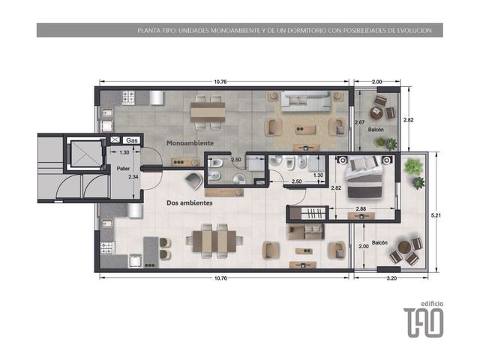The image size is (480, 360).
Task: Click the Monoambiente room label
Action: [x=190, y=143]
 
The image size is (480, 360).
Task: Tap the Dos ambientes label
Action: [x=190, y=203]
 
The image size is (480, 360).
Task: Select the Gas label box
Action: [x=132, y=140]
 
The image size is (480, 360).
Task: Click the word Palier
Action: [x=123, y=168]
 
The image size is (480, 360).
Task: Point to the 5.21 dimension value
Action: [x=436, y=215]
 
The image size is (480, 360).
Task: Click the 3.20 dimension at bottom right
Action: [x=391, y=278]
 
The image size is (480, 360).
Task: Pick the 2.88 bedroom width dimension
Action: [x=361, y=208]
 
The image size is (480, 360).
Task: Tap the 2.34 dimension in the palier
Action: [x=133, y=177]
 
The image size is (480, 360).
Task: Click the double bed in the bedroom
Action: [x=364, y=177]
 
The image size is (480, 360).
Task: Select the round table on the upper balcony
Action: [x=376, y=113]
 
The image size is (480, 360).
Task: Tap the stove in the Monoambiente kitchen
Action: [x=128, y=97]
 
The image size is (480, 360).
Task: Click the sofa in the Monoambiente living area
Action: [x=306, y=101]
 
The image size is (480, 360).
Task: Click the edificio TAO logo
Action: [x=423, y=319]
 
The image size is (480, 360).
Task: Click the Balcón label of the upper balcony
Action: [x=376, y=130]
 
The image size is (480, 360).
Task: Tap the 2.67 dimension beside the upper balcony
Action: [x=360, y=122]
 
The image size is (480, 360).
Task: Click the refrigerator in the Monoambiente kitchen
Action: [x=156, y=97]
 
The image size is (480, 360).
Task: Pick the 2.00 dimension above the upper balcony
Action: [x=376, y=82]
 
